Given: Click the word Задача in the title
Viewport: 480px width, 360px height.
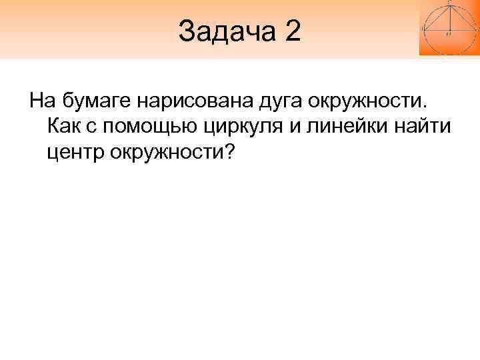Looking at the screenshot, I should [x=227, y=31].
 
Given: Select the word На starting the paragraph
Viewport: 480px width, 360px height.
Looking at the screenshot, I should [x=41, y=102].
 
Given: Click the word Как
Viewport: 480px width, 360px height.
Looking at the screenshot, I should [x=65, y=127].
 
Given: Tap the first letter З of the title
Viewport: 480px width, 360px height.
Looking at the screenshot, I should [x=186, y=31].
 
